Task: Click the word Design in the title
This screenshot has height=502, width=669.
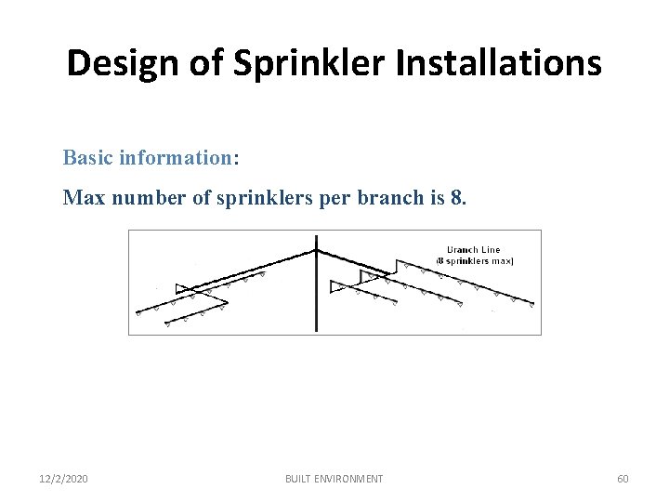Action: (x=116, y=63)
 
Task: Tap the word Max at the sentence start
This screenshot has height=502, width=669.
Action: (x=81, y=197)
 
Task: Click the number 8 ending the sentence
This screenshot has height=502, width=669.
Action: (x=452, y=197)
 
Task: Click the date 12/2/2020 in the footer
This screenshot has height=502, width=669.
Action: (x=65, y=479)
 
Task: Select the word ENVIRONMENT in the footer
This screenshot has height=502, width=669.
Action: (x=351, y=479)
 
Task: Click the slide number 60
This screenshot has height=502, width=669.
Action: (x=623, y=479)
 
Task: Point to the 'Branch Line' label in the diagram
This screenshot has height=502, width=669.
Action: (x=475, y=249)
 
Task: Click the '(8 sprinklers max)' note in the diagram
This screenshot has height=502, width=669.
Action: (x=475, y=260)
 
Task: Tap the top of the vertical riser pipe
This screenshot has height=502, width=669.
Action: (x=316, y=239)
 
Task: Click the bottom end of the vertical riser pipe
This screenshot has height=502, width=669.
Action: (x=316, y=329)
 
